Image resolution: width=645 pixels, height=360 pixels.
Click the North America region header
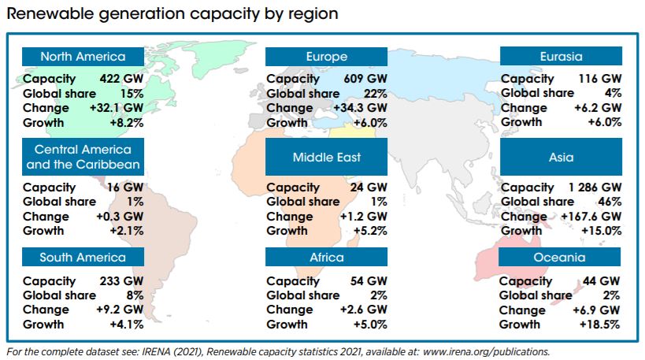pyautogui.click(x=83, y=56)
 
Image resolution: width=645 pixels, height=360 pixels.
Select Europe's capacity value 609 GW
pyautogui.click(x=365, y=79)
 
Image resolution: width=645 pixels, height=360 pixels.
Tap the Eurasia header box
pyautogui.click(x=561, y=56)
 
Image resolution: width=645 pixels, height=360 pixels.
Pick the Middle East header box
pyautogui.click(x=326, y=157)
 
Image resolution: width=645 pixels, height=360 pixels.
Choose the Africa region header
pyautogui.click(x=326, y=257)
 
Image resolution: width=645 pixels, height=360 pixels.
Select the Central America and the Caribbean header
pyautogui.click(x=83, y=157)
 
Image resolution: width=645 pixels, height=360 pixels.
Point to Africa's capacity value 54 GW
pyautogui.click(x=369, y=281)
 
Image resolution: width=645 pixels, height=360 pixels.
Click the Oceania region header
pyautogui.click(x=561, y=257)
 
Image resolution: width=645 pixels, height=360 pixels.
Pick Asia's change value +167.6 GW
pyautogui.click(x=589, y=217)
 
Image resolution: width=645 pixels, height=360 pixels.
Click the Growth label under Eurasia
pyautogui.click(x=521, y=122)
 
